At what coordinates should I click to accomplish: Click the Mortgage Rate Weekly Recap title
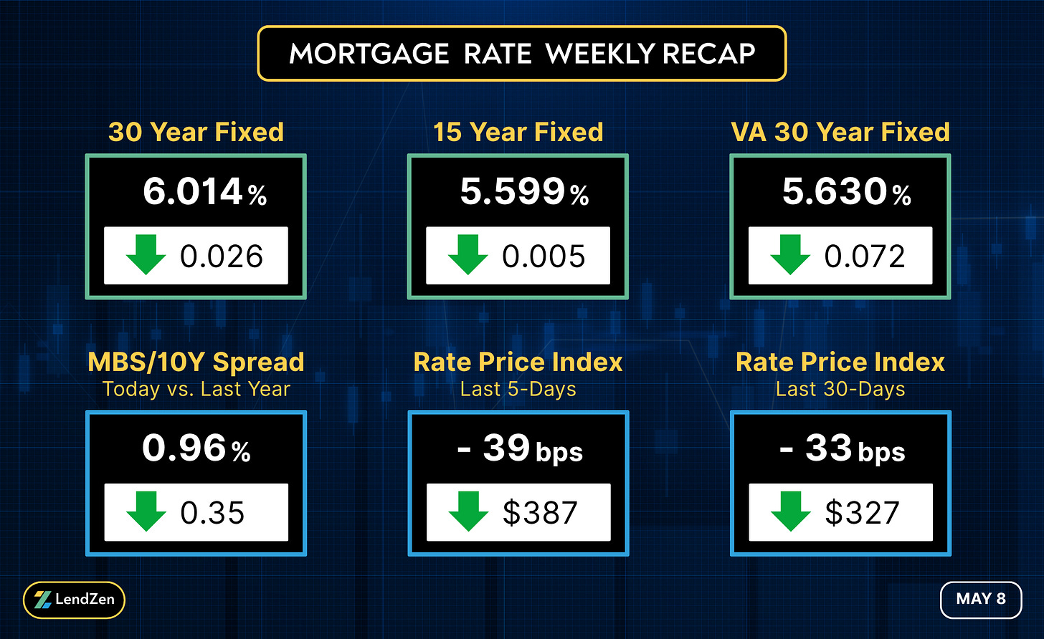tap(522, 54)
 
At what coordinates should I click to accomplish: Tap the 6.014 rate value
tap(192, 191)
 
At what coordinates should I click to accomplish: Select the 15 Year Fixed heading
tap(518, 132)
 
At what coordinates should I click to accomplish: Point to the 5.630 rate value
tap(834, 191)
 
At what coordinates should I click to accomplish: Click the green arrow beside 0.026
tap(146, 254)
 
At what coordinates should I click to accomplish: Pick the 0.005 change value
tap(544, 256)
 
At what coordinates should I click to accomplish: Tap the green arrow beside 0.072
tap(790, 254)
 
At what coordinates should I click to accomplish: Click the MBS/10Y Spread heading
tap(196, 362)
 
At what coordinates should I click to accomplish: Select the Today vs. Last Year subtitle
tap(196, 389)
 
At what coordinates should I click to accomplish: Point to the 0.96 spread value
tap(184, 448)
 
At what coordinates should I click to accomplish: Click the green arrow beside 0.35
tap(146, 511)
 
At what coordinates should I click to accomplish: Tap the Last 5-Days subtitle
tap(518, 389)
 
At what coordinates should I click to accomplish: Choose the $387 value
tap(540, 513)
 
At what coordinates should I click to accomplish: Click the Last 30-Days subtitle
tap(840, 389)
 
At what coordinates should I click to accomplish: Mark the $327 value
tap(862, 513)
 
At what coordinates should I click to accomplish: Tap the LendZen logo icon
tap(42, 600)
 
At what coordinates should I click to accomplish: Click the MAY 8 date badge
tap(981, 600)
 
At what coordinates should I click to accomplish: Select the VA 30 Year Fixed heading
tap(840, 132)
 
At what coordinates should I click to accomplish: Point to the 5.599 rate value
tap(513, 191)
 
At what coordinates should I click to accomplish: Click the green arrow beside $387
tap(468, 511)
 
